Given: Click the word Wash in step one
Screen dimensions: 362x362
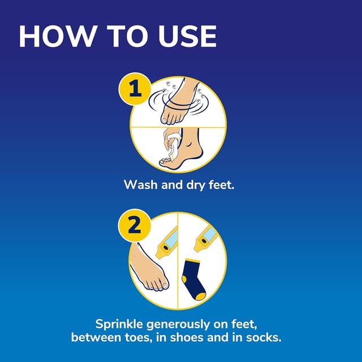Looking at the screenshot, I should click(x=138, y=185).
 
